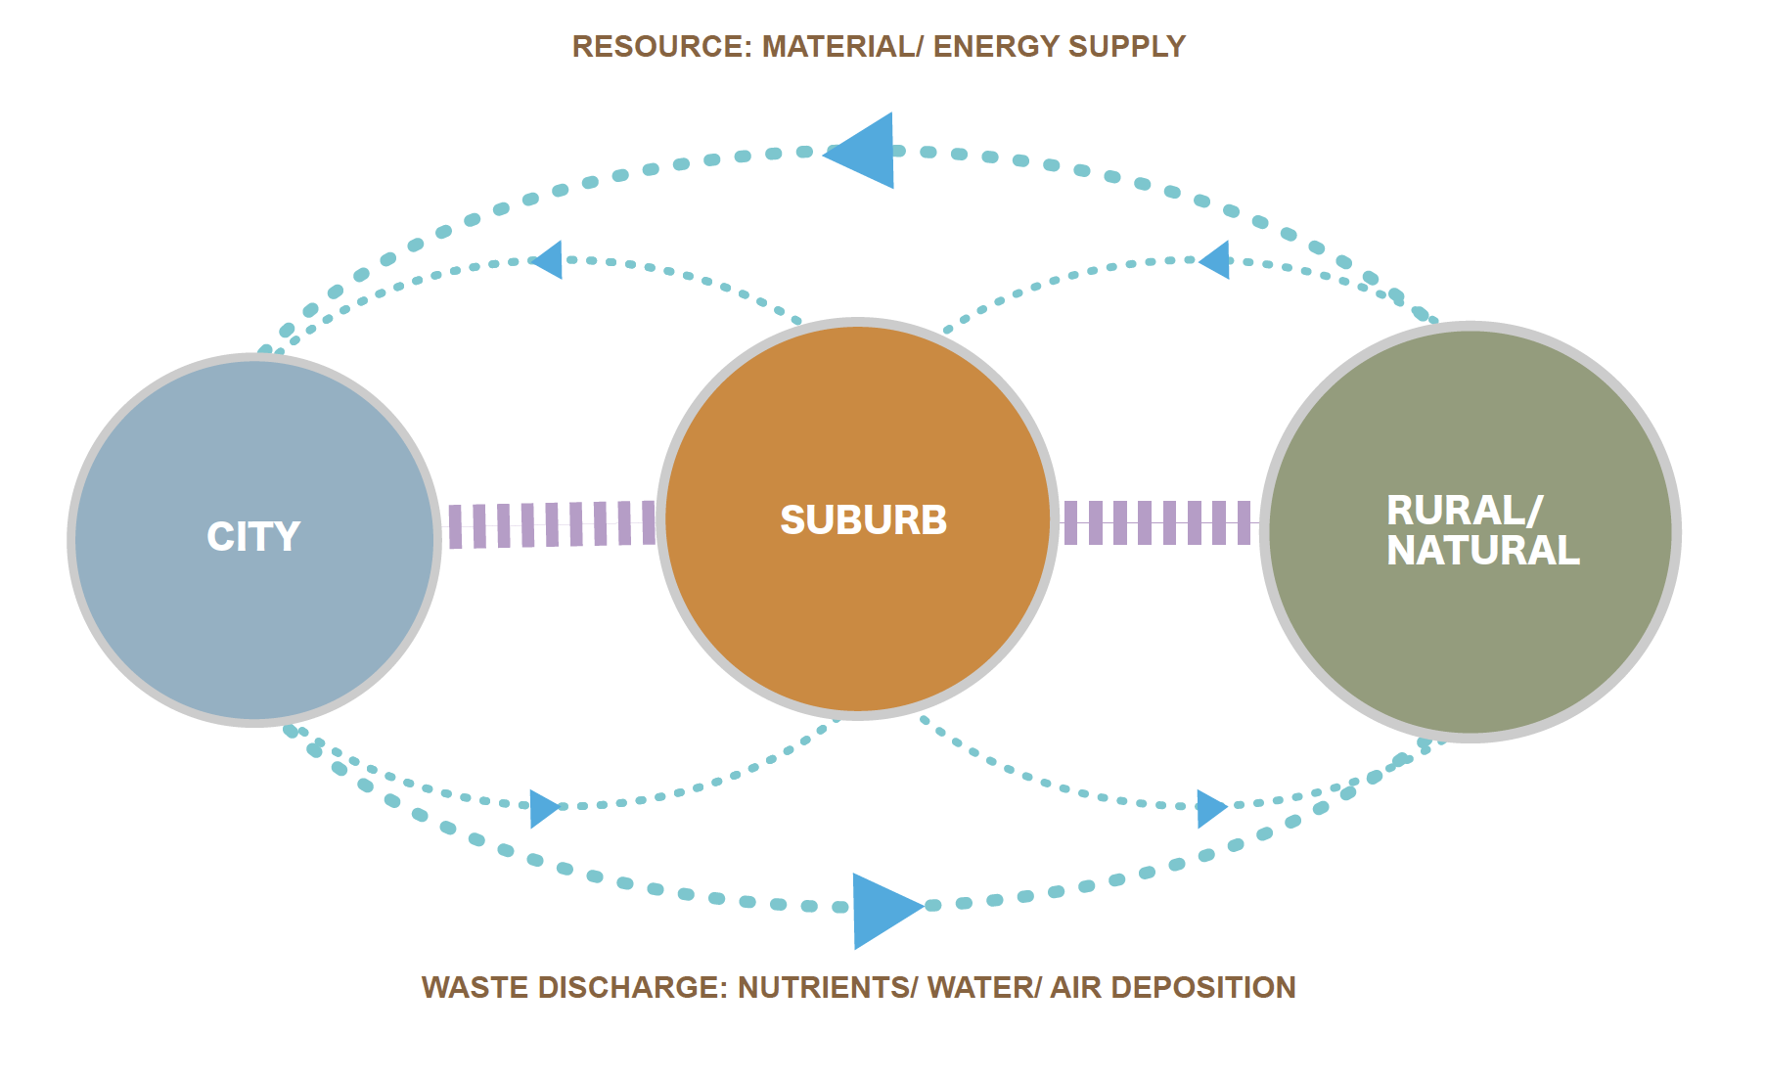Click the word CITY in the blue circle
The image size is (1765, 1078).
tap(253, 537)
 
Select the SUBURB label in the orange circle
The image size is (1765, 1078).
tap(863, 520)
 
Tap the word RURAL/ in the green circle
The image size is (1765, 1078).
tap(1464, 511)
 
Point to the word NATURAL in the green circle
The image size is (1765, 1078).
tap(1482, 551)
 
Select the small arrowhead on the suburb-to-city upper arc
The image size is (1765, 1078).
tap(549, 260)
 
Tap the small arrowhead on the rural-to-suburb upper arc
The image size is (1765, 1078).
tap(1216, 260)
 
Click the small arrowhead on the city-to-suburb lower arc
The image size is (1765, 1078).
tap(543, 808)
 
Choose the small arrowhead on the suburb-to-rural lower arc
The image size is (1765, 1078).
tap(1210, 808)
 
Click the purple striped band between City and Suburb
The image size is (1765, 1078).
tap(551, 524)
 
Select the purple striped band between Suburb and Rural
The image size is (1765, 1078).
tap(1156, 522)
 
